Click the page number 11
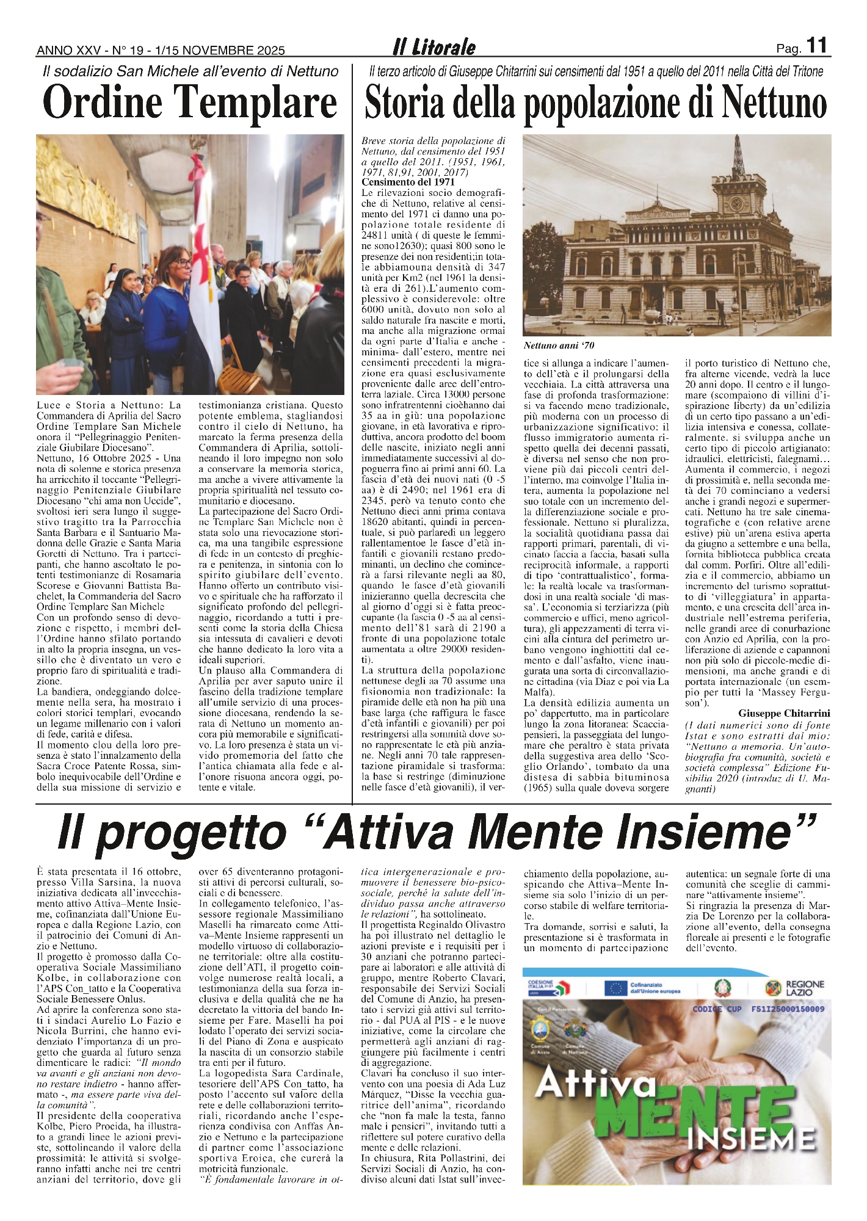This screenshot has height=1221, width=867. point(817,45)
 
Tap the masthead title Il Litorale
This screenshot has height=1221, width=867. point(434,47)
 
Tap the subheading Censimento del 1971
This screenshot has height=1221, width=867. point(408,182)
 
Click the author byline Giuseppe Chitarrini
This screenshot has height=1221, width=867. point(784,713)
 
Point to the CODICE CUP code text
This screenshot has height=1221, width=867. point(758,1009)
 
